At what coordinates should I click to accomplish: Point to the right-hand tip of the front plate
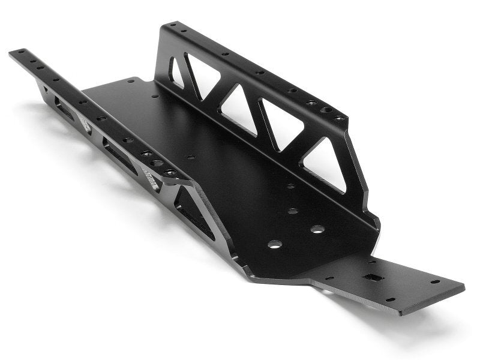pyautogui.click(x=462, y=286)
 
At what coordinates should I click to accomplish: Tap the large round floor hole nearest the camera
pyautogui.click(x=275, y=244)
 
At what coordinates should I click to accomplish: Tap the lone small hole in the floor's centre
pyautogui.click(x=191, y=157)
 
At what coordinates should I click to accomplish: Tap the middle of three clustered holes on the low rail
pyautogui.click(x=157, y=163)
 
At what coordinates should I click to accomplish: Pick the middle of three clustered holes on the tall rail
pyautogui.click(x=326, y=110)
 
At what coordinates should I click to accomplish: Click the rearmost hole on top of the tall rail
pyautogui.click(x=173, y=25)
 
